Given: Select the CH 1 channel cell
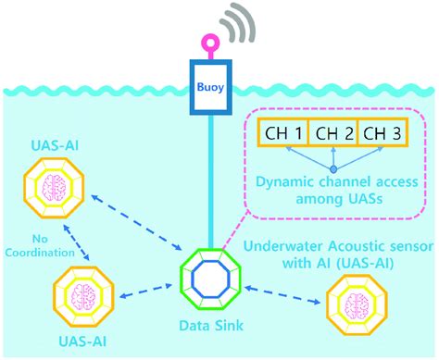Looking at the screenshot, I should pos(281,134).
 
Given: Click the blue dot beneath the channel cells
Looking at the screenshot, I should pos(331,169).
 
